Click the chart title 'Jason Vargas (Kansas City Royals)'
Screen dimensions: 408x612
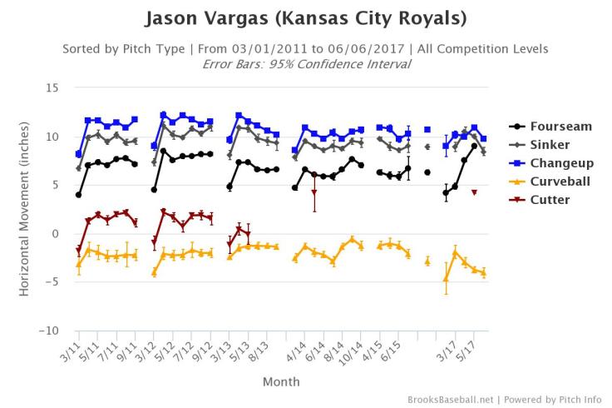tap(305, 17)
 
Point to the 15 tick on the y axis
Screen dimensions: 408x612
tap(52, 87)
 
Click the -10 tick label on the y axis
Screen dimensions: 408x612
tap(48, 331)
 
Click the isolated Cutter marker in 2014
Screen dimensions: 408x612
tap(313, 193)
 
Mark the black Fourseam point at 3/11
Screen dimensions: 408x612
tap(78, 195)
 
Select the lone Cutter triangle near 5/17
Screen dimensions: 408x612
tap(474, 192)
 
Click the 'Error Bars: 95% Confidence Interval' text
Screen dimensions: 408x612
tap(306, 64)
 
